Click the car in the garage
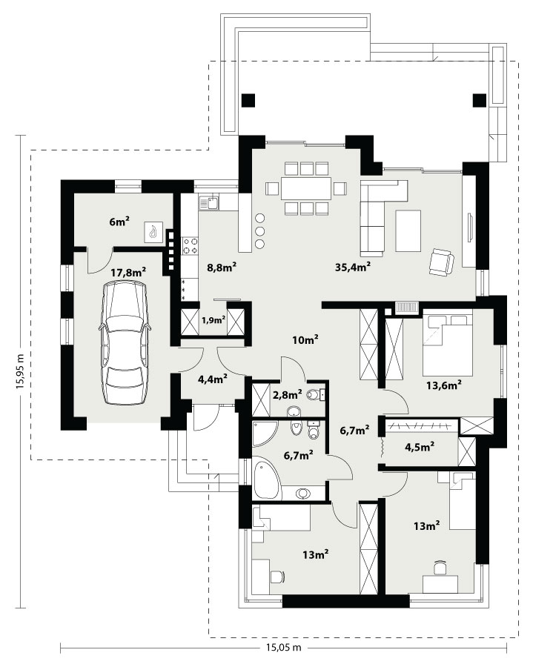(x=125, y=343)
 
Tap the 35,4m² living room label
(x=353, y=267)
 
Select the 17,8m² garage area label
(x=128, y=272)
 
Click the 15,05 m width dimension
(x=284, y=648)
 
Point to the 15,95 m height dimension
(x=20, y=371)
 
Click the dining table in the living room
(x=306, y=188)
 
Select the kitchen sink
(x=209, y=203)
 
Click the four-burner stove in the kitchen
(x=190, y=245)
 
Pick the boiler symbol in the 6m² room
(x=153, y=233)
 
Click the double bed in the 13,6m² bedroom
(x=448, y=345)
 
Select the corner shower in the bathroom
(x=264, y=434)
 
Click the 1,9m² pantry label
(x=213, y=319)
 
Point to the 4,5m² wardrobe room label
(x=420, y=447)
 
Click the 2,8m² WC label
(x=288, y=394)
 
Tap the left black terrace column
(x=248, y=100)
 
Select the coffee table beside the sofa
(x=408, y=231)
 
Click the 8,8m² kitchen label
(x=222, y=267)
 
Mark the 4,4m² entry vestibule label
(x=212, y=379)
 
